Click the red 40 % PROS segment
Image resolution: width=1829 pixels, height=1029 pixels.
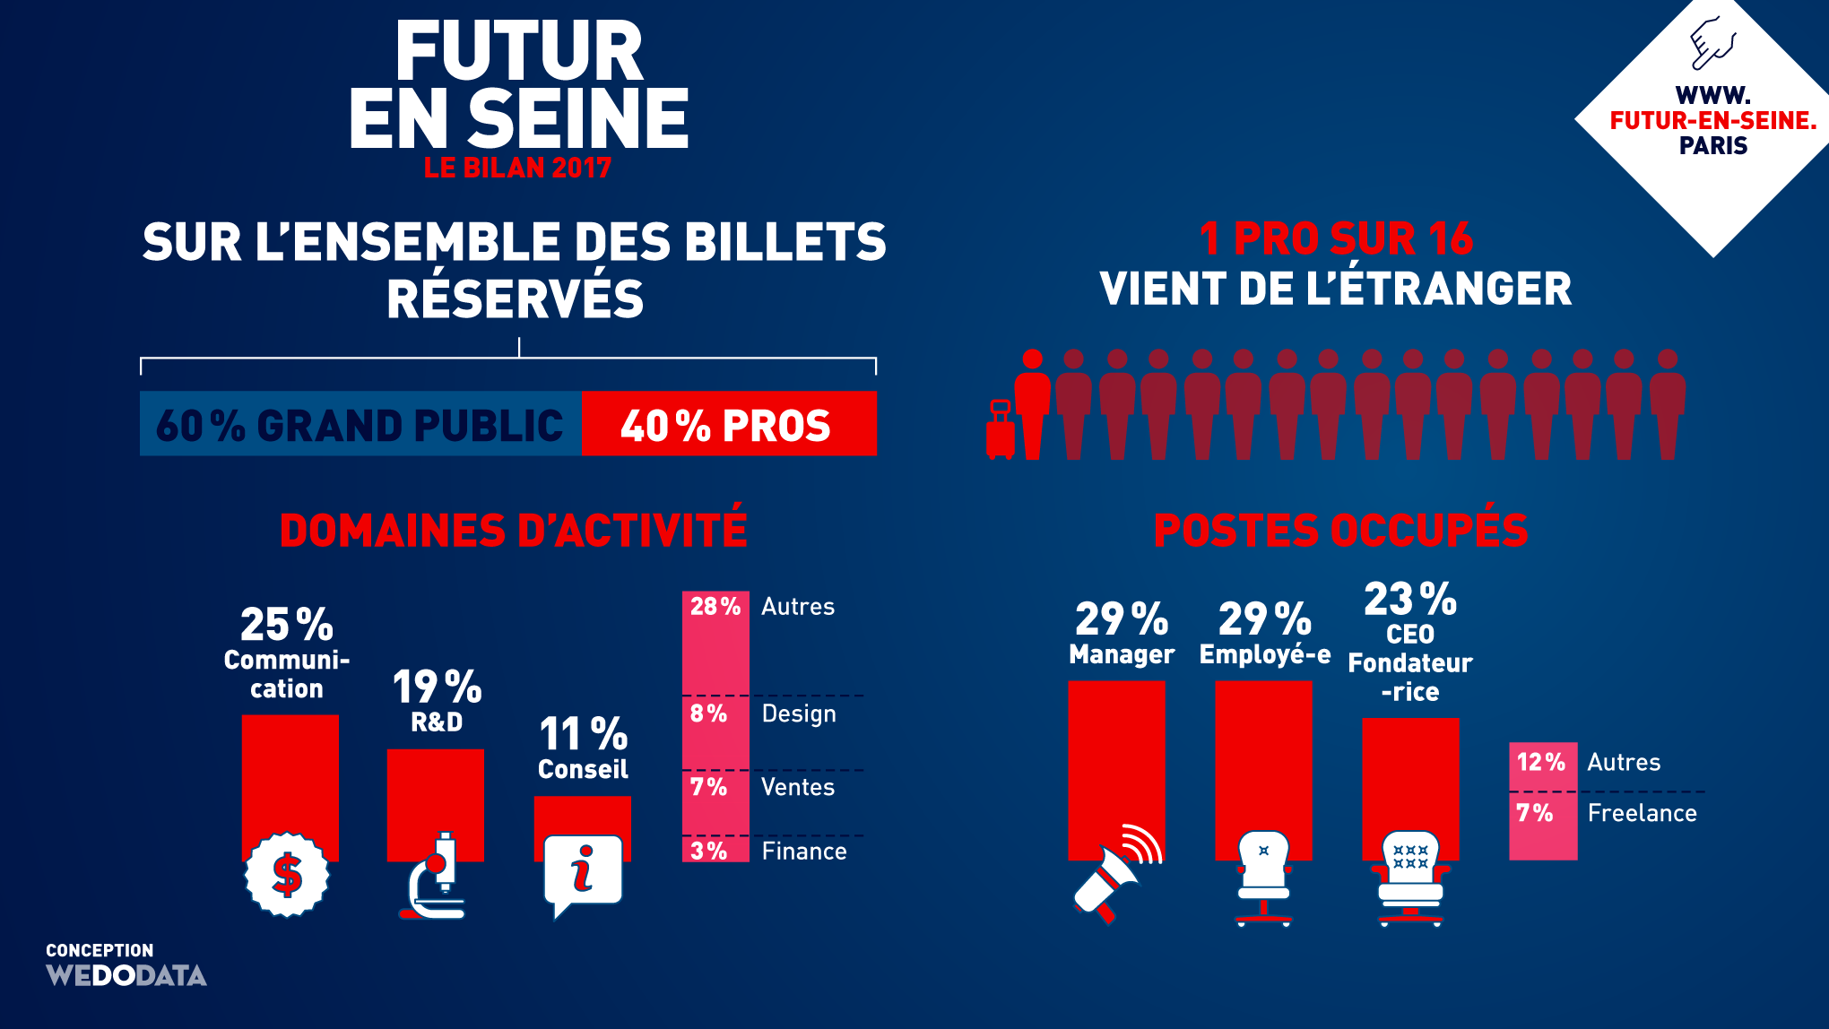(728, 424)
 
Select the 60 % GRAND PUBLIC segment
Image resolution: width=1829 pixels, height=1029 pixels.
(360, 424)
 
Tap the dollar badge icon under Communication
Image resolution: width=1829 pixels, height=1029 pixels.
(287, 875)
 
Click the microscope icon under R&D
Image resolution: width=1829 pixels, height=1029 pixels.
(435, 878)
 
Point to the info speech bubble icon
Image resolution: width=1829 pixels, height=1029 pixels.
(582, 873)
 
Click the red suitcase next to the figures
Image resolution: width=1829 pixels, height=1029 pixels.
(1000, 431)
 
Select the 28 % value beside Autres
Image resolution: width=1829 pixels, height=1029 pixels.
(715, 607)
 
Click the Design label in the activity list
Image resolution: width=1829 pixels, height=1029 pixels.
(799, 714)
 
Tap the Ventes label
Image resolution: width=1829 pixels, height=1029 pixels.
(798, 787)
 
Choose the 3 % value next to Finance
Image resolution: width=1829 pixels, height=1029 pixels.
(708, 851)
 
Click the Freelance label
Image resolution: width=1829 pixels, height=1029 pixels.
(1642, 813)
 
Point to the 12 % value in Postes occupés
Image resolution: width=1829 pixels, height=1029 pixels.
(1540, 762)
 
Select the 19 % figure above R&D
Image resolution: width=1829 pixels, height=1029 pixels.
(437, 687)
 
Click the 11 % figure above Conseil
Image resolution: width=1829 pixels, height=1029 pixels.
(583, 735)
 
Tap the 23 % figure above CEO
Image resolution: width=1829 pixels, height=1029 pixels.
(1409, 599)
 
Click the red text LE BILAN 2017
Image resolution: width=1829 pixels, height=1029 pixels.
(517, 168)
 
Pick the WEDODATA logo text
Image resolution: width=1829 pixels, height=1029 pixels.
(126, 975)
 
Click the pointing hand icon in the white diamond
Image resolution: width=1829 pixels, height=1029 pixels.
(1712, 43)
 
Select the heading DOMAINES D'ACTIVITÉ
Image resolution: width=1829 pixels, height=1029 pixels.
(513, 530)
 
